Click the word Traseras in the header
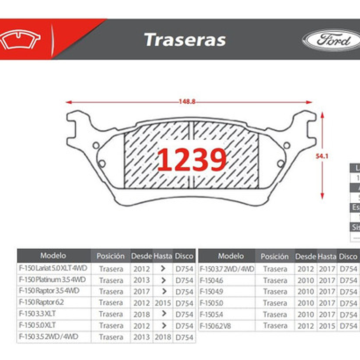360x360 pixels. (185, 40)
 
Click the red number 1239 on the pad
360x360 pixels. (192, 160)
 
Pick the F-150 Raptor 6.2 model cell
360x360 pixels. (41, 302)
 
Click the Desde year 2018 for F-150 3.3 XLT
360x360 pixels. (141, 314)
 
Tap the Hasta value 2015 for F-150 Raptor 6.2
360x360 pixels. (163, 303)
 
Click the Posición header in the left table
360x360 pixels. (110, 256)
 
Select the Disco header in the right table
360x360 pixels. (348, 256)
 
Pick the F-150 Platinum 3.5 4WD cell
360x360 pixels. (52, 280)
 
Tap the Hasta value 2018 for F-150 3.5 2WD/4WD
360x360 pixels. (163, 337)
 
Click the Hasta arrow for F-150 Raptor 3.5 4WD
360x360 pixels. (163, 291)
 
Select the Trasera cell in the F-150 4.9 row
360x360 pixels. (275, 291)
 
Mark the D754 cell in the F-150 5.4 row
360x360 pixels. (349, 314)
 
